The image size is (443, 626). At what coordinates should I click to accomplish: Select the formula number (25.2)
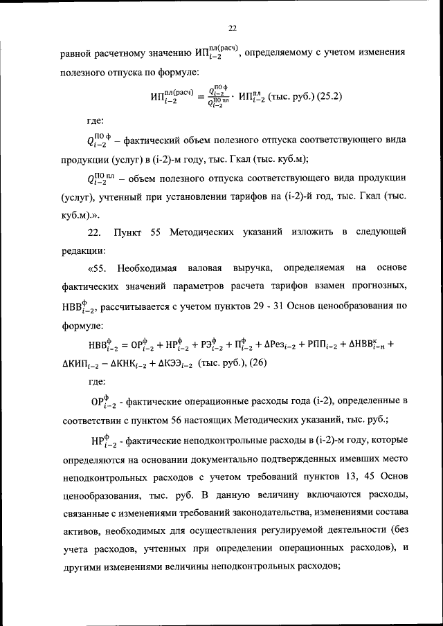tap(328, 97)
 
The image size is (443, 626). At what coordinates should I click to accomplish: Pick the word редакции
tap(82, 249)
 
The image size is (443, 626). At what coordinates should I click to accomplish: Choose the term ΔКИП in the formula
tap(85, 362)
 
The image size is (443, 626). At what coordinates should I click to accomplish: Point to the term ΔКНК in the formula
tap(131, 362)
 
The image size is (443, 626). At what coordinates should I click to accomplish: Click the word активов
tap(78, 531)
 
